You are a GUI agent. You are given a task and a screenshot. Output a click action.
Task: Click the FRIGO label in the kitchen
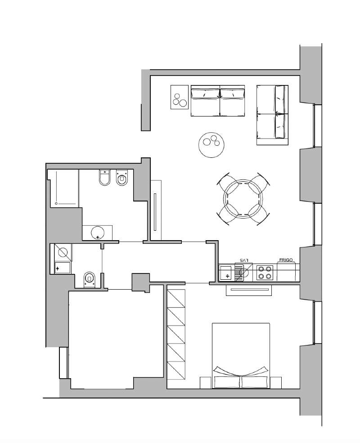point(286,260)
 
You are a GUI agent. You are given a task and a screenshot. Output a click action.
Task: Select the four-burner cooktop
point(265,273)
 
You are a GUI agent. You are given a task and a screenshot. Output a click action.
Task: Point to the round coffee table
point(212,145)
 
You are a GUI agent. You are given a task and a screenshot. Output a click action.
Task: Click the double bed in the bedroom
point(241,356)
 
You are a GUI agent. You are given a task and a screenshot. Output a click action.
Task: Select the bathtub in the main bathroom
point(64,188)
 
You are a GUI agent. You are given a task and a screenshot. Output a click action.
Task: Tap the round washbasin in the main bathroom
point(98,233)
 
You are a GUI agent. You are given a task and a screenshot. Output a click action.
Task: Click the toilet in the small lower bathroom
point(89,280)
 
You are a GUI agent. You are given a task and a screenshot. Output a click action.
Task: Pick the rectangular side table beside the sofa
point(180,97)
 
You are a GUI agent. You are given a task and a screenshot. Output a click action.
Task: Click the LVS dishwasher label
point(243,260)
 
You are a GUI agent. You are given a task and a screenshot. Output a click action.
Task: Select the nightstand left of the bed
point(206,383)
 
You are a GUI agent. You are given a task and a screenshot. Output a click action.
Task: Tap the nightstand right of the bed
point(275,383)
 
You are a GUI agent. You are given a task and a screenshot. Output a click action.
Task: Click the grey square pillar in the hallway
point(141,282)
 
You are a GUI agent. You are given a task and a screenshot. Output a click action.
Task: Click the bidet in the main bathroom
point(122,178)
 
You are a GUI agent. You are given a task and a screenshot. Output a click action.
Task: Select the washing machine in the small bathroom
point(63,252)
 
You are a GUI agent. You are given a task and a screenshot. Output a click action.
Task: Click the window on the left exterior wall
point(64,362)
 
